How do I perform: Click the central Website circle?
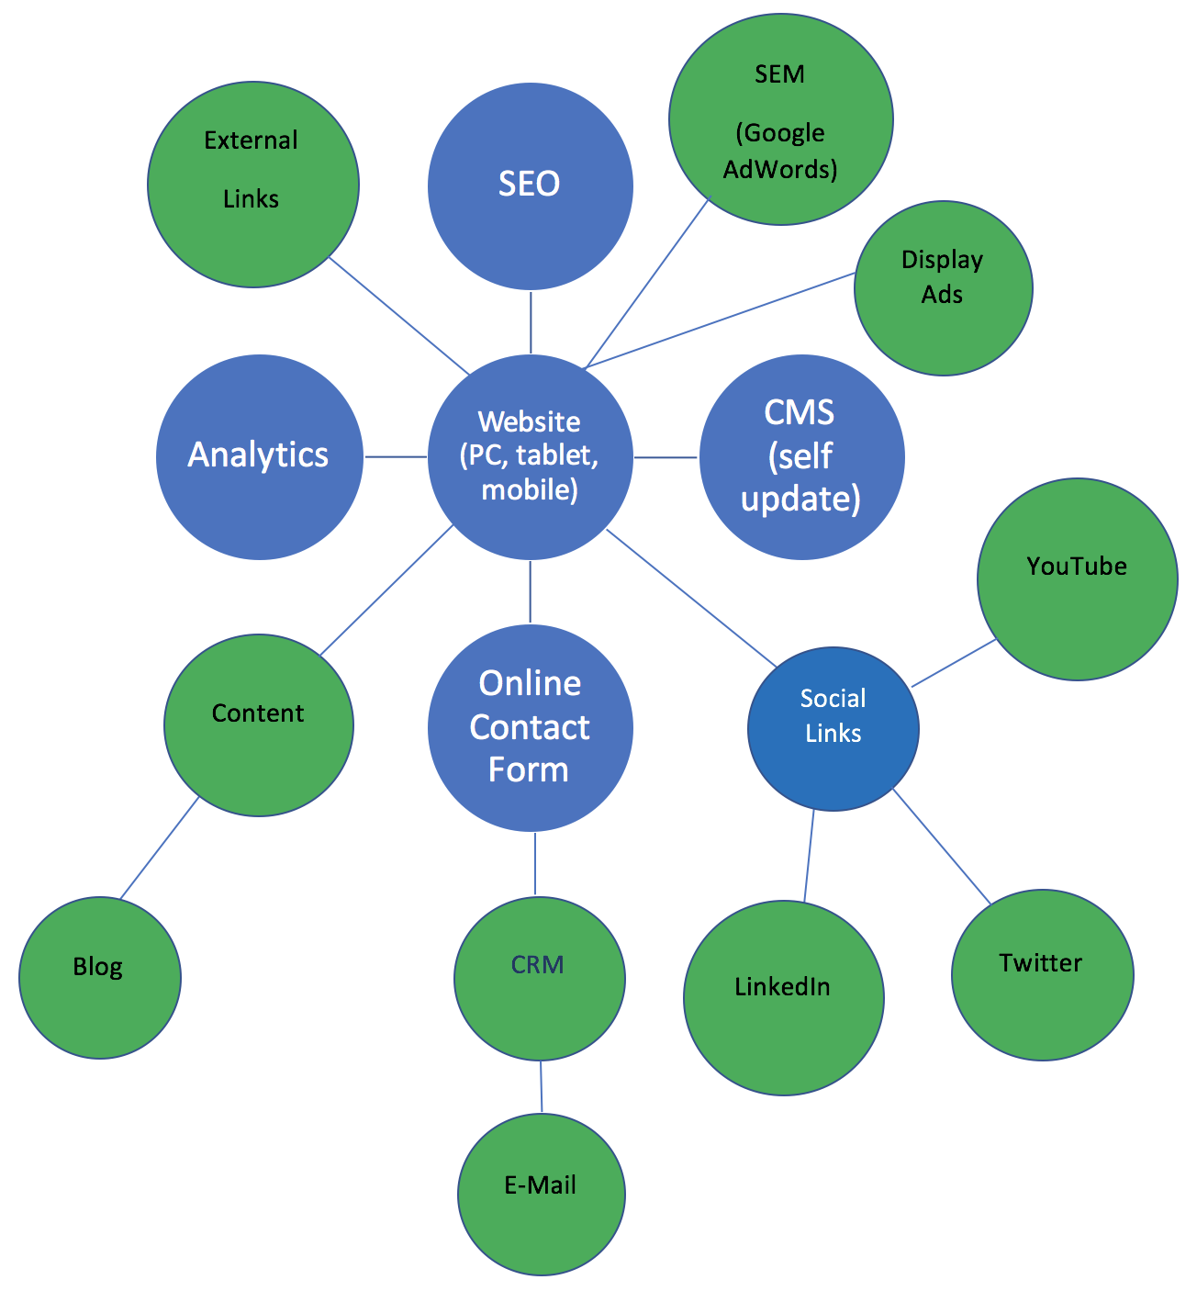coord(531,456)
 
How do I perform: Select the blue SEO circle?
coord(531,185)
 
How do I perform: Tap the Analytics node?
coord(259,456)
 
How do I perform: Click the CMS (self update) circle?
coord(801,456)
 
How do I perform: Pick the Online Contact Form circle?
coord(531,727)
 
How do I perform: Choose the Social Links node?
coord(833,729)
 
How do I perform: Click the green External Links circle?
coord(252,185)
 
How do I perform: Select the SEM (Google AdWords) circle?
coord(780,118)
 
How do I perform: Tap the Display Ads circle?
coord(943,287)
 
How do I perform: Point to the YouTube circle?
coord(1077,578)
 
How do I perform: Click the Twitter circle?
coord(1042,974)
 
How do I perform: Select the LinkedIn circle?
coord(783,997)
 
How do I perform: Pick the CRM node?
coord(539,978)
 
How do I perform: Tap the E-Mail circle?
coord(541,1194)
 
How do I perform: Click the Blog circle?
coord(99,977)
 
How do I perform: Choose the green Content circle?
coord(258,724)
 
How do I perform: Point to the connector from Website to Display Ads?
coord(721,320)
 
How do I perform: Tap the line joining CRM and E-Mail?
coord(541,1087)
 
